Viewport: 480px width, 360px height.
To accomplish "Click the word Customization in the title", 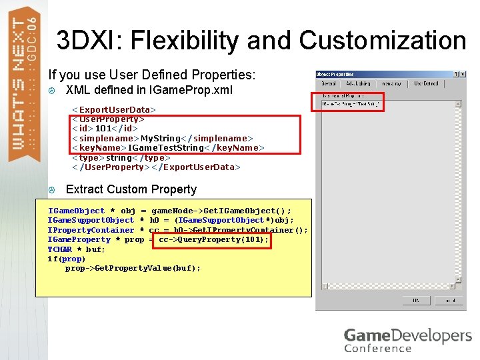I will click(382, 41).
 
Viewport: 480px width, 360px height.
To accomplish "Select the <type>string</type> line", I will click(117, 157).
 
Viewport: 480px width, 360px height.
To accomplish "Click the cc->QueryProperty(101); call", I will click(213, 239).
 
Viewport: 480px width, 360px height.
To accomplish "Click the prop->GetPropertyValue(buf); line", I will click(133, 268).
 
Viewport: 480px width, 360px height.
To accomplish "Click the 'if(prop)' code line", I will click(66, 259).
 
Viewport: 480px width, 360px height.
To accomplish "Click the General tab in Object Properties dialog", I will click(329, 84).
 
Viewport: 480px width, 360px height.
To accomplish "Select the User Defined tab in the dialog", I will click(426, 84).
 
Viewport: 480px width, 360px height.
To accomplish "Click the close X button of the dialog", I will click(463, 74).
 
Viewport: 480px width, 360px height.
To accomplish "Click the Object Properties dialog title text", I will click(335, 74).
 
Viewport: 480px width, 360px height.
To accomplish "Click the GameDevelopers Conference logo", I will click(407, 339).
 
